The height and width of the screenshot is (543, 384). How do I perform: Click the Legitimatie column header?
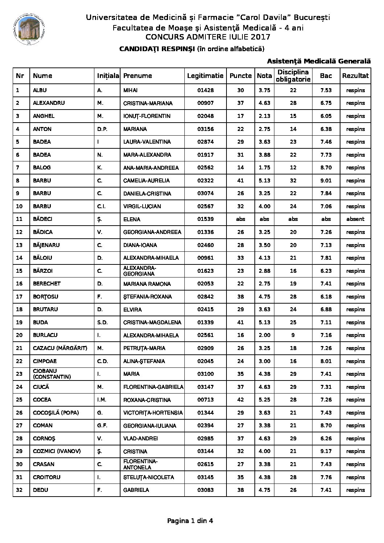click(205, 76)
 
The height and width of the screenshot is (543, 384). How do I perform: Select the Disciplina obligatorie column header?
click(293, 76)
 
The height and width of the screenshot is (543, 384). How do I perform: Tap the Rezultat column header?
click(355, 76)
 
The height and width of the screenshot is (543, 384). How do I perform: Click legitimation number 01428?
click(205, 90)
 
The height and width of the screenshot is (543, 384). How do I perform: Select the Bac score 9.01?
click(326, 181)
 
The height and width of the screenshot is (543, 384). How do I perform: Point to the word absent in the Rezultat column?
click(355, 219)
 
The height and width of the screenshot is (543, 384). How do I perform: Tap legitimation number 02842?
click(205, 297)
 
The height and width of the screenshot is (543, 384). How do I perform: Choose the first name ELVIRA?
click(132, 310)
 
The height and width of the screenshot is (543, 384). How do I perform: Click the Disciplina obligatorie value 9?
click(293, 335)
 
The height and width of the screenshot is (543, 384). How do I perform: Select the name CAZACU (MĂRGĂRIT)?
click(60, 348)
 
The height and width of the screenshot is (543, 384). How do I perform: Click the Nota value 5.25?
click(264, 400)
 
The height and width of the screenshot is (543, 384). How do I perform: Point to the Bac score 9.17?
click(326, 451)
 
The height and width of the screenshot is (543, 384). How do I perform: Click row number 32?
click(20, 490)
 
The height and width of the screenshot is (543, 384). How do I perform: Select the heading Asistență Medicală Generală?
click(319, 61)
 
